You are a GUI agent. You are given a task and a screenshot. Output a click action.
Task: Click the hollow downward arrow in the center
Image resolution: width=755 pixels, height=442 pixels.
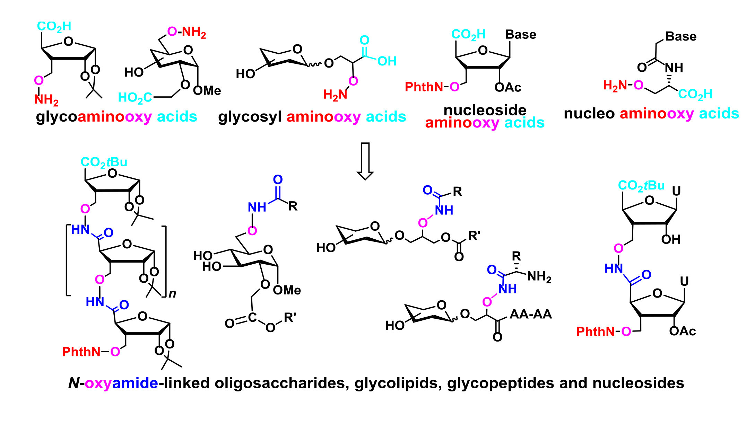[x=365, y=161]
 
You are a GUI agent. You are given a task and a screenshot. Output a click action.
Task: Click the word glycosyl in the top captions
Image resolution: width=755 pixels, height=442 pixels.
[x=250, y=117]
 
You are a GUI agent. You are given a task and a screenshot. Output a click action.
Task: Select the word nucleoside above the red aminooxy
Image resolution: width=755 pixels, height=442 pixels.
[x=485, y=110]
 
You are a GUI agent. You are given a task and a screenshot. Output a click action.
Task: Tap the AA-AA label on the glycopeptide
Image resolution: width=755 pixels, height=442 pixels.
[x=531, y=314]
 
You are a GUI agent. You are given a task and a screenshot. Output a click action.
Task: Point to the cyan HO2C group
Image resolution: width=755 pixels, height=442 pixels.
[x=135, y=98]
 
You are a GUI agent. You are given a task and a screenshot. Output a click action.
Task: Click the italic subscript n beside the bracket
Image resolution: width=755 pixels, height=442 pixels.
[x=172, y=294]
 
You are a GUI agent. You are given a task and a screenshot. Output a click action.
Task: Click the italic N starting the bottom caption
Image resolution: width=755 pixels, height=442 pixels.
[x=73, y=383]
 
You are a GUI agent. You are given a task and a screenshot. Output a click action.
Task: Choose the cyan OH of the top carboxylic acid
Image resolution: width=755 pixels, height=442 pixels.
[x=387, y=61]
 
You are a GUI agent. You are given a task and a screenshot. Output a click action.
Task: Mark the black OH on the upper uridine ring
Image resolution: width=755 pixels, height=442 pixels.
[x=671, y=239]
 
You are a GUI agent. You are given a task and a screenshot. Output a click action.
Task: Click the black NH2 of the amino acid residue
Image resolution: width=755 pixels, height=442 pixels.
[x=539, y=277]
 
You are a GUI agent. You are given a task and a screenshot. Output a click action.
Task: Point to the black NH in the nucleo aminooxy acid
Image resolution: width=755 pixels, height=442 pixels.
[x=674, y=68]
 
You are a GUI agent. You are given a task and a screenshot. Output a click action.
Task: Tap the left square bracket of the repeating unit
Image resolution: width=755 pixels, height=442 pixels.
[x=68, y=260]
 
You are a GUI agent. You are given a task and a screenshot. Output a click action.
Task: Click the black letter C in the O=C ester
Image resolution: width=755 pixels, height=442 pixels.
[x=252, y=318]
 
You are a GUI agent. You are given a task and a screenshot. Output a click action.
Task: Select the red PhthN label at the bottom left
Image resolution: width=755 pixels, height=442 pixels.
[x=81, y=352]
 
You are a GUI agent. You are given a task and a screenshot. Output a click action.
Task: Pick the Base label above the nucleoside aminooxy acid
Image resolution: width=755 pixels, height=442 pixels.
[x=521, y=35]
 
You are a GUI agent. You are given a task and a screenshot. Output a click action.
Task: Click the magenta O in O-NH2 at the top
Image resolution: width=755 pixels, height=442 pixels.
[x=172, y=32]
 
